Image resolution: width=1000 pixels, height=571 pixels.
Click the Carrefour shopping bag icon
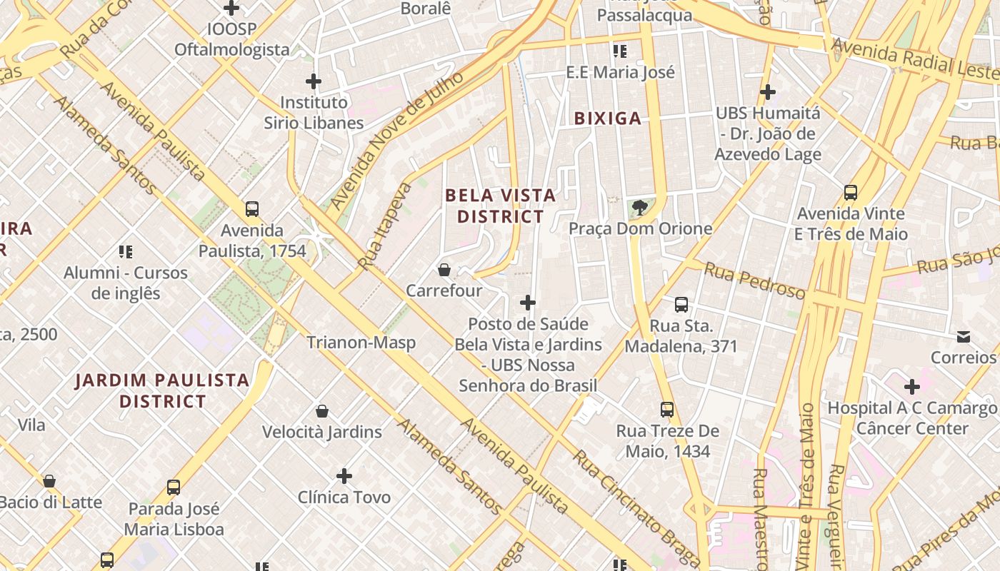point(444,270)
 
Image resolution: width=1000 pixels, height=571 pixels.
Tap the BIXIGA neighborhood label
point(608,118)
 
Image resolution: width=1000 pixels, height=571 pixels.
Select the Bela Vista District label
point(500,206)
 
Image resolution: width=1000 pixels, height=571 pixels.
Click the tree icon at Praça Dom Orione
point(640,208)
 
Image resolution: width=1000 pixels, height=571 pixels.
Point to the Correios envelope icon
point(964,336)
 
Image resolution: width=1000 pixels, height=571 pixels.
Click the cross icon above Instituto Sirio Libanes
point(313,81)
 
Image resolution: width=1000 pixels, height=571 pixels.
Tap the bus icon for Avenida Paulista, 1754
point(252,209)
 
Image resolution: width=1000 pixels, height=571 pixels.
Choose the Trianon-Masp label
point(361,343)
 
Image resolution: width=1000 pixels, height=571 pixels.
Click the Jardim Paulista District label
point(163,390)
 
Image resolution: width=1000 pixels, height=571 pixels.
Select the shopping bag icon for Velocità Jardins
point(322,411)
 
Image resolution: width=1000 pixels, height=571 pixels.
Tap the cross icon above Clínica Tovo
point(344,476)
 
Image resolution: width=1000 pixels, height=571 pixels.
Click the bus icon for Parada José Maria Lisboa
point(174,487)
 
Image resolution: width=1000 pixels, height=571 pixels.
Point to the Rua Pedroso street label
point(754,280)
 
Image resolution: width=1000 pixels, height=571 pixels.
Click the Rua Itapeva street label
point(385,226)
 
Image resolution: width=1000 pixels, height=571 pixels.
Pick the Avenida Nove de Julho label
point(397,141)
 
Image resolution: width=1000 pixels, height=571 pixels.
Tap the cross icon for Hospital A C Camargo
point(912,387)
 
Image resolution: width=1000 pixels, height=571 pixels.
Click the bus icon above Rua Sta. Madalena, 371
point(681,305)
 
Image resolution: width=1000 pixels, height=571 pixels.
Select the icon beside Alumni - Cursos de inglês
point(126,251)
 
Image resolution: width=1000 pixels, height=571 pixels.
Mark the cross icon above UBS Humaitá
point(768,92)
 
